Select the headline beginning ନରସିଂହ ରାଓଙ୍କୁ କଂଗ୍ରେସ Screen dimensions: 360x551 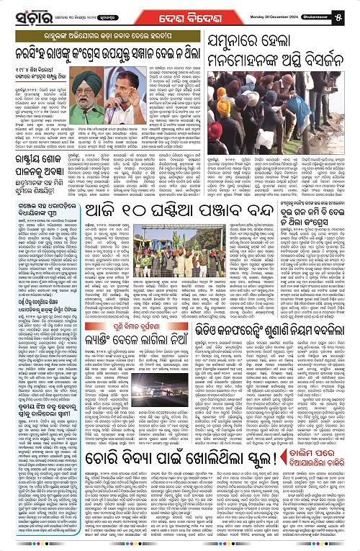(x=100, y=48)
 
